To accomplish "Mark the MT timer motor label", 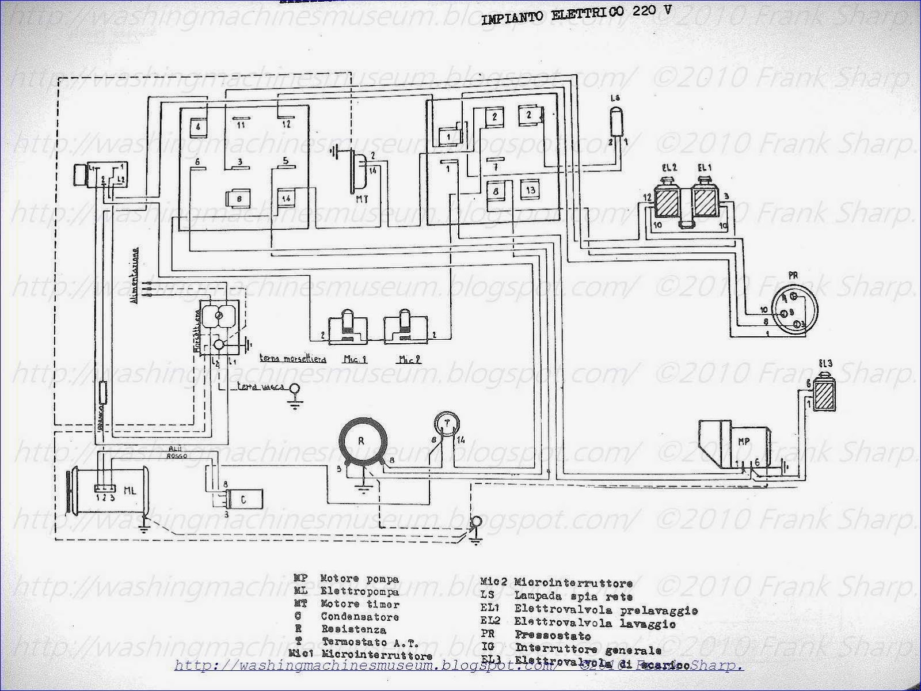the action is tap(362, 200).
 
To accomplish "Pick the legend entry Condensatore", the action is tap(360, 617).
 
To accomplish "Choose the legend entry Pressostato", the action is tap(552, 636).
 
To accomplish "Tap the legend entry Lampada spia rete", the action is tap(573, 597).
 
